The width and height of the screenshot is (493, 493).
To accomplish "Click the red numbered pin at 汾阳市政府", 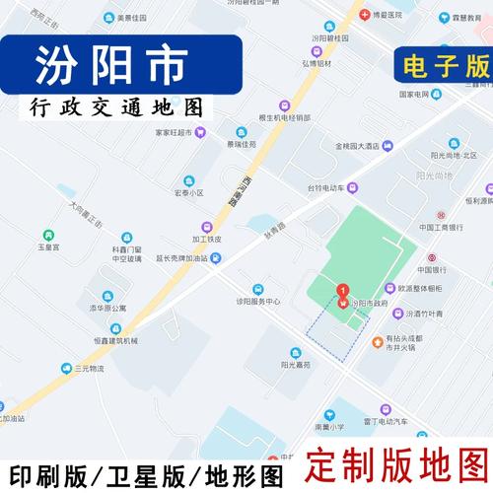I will pos(342,292).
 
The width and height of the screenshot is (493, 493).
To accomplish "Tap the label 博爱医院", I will pos(387,16).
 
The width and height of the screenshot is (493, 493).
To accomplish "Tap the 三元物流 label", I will pos(89,368).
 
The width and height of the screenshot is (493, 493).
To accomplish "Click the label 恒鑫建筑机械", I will pos(109,340).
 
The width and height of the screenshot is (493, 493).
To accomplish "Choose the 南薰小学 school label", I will pos(329,427).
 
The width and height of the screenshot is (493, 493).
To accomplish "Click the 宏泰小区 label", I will pos(188,193).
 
